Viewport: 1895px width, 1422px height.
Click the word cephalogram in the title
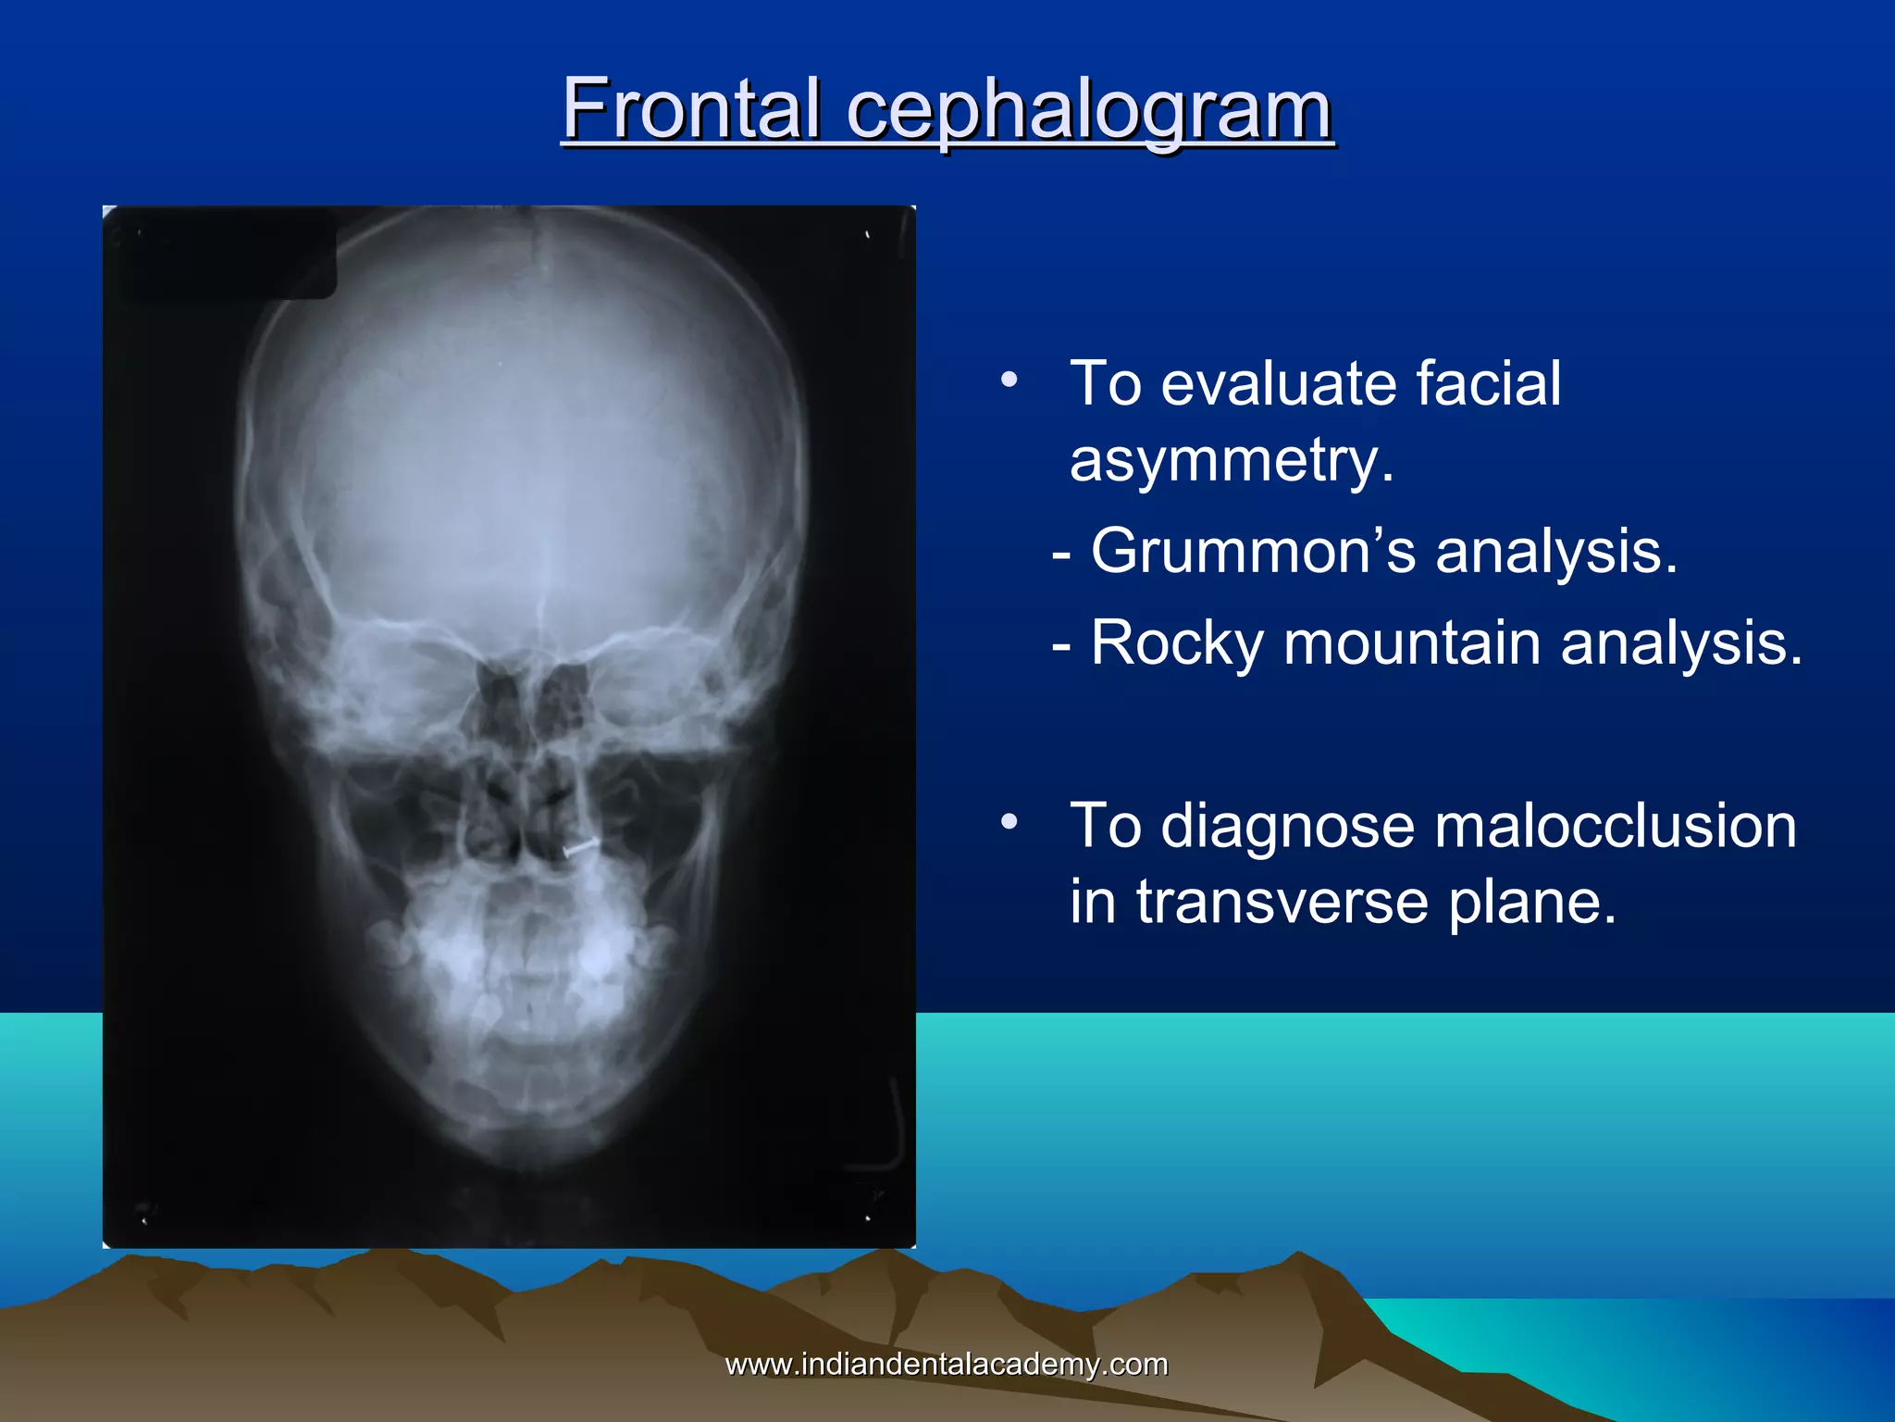[1088, 111]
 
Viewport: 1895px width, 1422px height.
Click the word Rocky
[1176, 643]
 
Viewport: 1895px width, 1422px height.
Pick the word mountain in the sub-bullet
[1412, 643]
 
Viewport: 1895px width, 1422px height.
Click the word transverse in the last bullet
[1282, 902]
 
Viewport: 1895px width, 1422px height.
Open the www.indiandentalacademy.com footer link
[946, 1364]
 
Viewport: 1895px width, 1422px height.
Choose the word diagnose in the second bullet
[1287, 826]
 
